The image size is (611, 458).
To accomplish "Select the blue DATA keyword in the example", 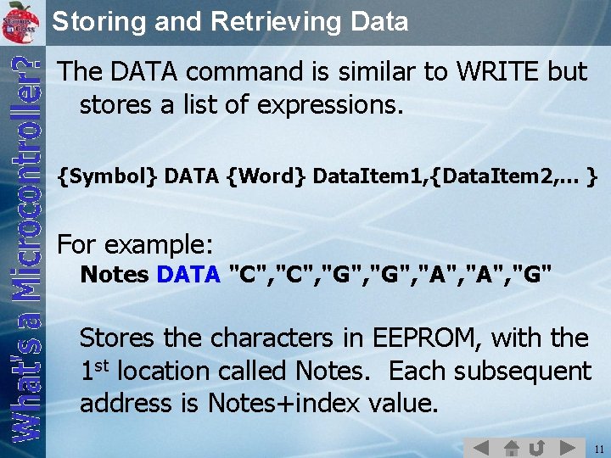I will pos(188,275).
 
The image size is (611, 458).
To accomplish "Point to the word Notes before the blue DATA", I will pos(115,275).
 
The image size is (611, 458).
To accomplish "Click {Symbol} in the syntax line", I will pos(107,176).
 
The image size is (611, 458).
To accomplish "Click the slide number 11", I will pos(599,448).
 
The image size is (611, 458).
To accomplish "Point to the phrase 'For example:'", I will pos(135,245).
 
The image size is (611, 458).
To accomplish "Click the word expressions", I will pos(335,106).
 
